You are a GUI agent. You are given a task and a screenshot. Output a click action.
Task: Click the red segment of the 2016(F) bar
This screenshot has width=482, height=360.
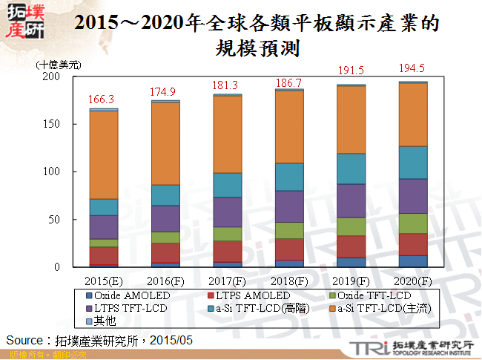click(166, 252)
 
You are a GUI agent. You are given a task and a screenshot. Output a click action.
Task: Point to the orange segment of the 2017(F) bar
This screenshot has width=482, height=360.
click(228, 134)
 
